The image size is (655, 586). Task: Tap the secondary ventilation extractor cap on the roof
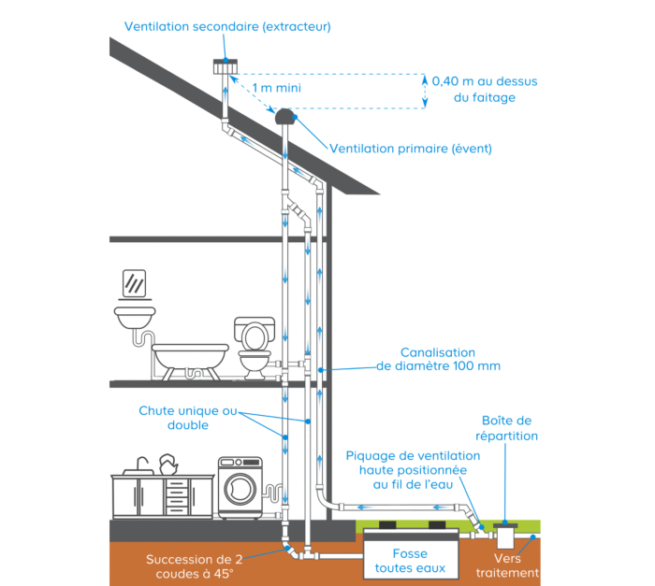point(226,67)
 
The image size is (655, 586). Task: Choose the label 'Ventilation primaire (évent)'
point(410,148)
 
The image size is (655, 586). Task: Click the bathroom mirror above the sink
point(134,281)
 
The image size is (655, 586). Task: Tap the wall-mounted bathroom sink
point(134,316)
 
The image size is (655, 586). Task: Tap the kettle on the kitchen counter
point(169,463)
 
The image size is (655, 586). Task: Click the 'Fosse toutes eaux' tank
point(410,553)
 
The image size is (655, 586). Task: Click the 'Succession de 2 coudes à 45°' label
point(194,566)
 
